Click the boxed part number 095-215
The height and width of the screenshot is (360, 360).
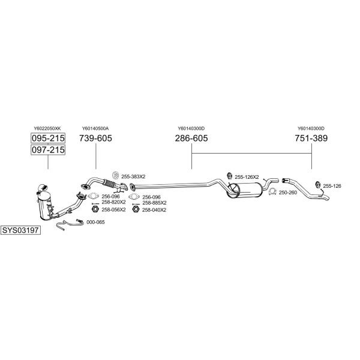pyautogui.click(x=48, y=138)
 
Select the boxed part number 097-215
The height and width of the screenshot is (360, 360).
pyautogui.click(x=48, y=149)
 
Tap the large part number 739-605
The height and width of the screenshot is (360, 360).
pyautogui.click(x=95, y=138)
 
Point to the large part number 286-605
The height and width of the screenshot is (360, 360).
pyautogui.click(x=191, y=138)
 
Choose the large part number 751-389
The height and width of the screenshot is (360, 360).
pyautogui.click(x=311, y=138)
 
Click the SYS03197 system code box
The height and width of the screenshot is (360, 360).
pyautogui.click(x=20, y=230)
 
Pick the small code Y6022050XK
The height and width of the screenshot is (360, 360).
pyautogui.click(x=47, y=128)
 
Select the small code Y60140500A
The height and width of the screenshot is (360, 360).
pyautogui.click(x=95, y=128)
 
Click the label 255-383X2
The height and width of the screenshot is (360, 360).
pyautogui.click(x=133, y=177)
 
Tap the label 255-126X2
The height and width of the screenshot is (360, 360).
pyautogui.click(x=247, y=177)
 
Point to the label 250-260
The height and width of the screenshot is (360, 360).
pyautogui.click(x=288, y=193)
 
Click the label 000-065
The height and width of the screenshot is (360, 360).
pyautogui.click(x=95, y=222)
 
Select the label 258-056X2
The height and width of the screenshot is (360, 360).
pyautogui.click(x=113, y=210)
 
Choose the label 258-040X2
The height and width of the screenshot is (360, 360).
pyautogui.click(x=154, y=210)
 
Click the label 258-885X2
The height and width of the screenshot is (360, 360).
pyautogui.click(x=154, y=203)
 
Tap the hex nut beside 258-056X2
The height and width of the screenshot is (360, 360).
pyautogui.click(x=95, y=209)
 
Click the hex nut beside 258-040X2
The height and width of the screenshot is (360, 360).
pyautogui.click(x=136, y=209)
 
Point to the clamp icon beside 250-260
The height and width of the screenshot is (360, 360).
pyautogui.click(x=272, y=191)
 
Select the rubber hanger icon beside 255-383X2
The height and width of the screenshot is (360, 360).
pyautogui.click(x=115, y=175)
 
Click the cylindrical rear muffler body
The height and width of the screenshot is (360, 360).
pyautogui.click(x=245, y=190)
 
